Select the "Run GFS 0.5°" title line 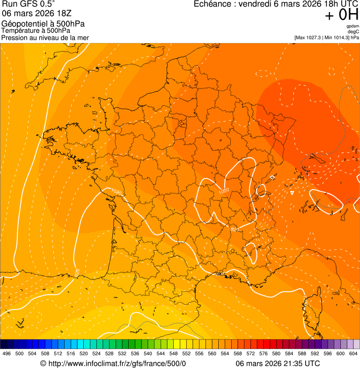pos(29,5)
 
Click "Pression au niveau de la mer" pos(45,37)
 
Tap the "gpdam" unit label pos(353,26)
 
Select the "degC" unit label pos(354,31)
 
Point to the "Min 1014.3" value pos(338,37)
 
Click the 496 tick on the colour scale pos(7,353)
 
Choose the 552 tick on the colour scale pos(186,353)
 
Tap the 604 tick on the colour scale pos(353,353)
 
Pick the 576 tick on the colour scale pos(264,353)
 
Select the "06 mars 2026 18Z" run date pos(37,14)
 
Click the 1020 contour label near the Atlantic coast pos(117,192)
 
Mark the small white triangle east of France pos(292,192)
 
